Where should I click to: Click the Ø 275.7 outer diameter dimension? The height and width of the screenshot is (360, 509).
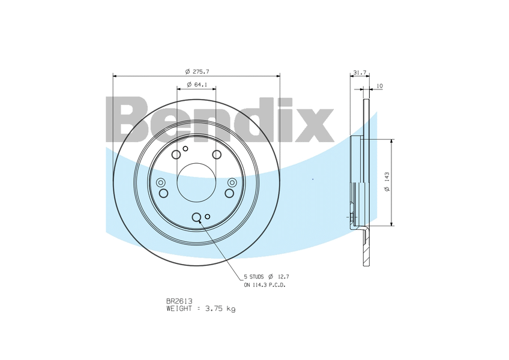coord(197,72)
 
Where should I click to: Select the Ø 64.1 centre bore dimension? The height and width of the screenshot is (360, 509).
coord(197,85)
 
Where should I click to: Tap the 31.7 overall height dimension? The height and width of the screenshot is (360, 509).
coord(360,73)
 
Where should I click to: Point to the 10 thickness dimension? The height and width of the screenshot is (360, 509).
coord(379,86)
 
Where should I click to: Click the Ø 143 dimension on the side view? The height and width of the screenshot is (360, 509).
coord(387,182)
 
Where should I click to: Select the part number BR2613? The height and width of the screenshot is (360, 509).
coord(179,302)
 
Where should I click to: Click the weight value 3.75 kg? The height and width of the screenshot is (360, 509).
coord(220,309)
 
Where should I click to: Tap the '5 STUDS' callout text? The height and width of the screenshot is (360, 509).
coord(254,277)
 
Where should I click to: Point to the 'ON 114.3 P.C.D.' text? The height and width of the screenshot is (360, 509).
coord(265,285)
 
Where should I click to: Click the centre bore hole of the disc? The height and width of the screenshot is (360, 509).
coord(196,182)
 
